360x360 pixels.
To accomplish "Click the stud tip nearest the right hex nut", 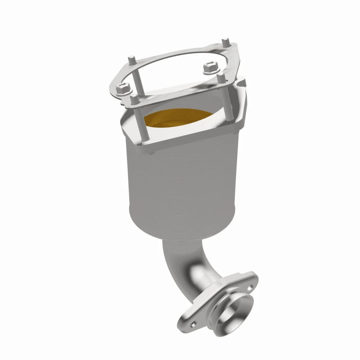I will click(220, 77).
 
